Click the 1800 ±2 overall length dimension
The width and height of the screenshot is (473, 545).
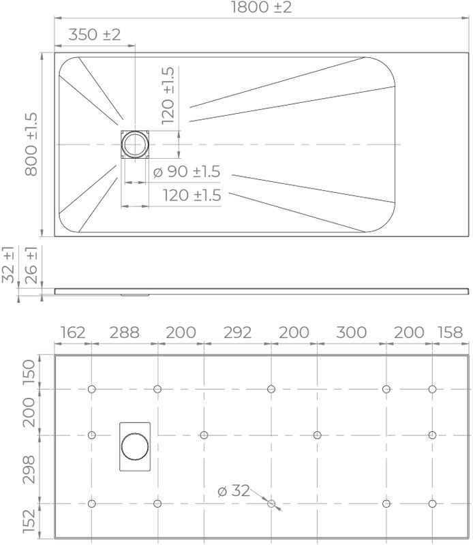pyautogui.click(x=261, y=7)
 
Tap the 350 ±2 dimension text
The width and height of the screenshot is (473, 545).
pyautogui.click(x=95, y=35)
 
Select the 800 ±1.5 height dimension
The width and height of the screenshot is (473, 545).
pyautogui.click(x=31, y=144)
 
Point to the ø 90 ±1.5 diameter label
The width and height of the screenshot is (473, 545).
pyautogui.click(x=187, y=172)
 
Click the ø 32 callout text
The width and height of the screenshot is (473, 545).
pyautogui.click(x=234, y=490)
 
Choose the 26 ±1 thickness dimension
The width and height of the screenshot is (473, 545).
pyautogui.click(x=31, y=265)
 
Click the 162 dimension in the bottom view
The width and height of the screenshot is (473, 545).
pyautogui.click(x=73, y=332)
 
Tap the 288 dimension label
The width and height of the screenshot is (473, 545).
pyautogui.click(x=125, y=332)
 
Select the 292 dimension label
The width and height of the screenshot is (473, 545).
pyautogui.click(x=238, y=332)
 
